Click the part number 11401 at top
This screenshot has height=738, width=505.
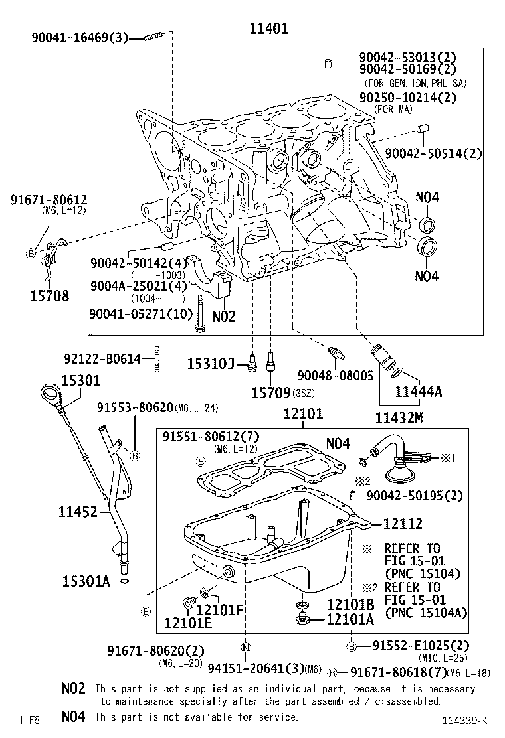click(x=269, y=29)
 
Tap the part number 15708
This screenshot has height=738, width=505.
click(x=49, y=296)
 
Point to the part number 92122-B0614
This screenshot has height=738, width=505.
click(x=102, y=359)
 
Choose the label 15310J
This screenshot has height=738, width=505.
click(x=211, y=363)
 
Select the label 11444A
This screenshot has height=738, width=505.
click(x=418, y=392)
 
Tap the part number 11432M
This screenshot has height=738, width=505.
click(x=399, y=418)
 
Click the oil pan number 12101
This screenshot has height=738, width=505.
click(x=302, y=415)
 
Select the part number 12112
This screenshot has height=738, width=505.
click(x=403, y=524)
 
